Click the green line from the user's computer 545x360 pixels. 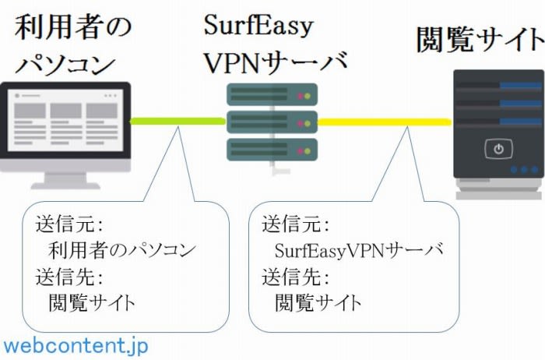[178, 122]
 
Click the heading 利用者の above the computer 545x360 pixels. [73, 26]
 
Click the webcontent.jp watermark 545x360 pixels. [76, 344]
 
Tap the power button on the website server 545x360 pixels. [499, 147]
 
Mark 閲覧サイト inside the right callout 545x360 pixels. [318, 302]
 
